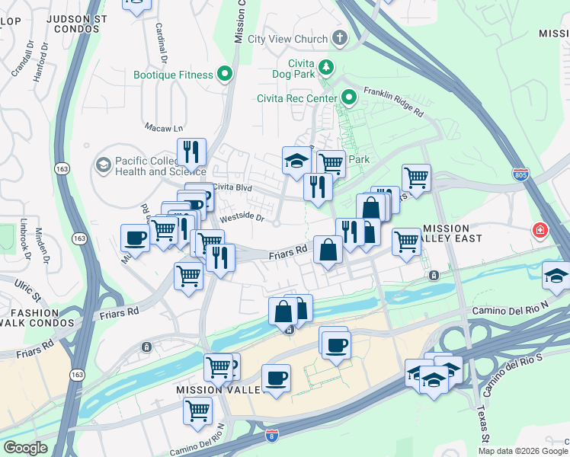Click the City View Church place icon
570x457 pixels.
[338, 38]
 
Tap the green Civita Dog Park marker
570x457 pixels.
[325, 67]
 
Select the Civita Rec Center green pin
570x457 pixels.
[349, 97]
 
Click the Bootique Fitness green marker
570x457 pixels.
[225, 75]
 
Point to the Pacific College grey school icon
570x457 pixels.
[103, 165]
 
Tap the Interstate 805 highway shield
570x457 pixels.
[520, 174]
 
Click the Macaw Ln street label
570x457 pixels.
[164, 128]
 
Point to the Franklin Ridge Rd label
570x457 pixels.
[393, 101]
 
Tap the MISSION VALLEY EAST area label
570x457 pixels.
[456, 235]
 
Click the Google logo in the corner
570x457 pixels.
[25, 447]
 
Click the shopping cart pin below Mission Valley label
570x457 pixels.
[198, 411]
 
